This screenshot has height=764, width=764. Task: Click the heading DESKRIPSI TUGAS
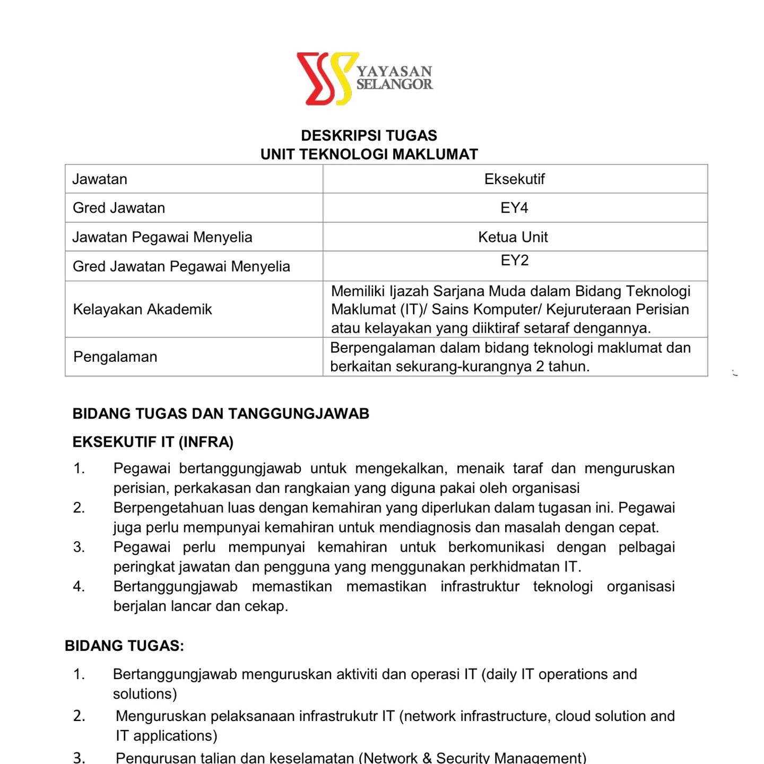click(x=369, y=135)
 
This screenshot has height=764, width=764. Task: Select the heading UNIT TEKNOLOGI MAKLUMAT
click(x=369, y=154)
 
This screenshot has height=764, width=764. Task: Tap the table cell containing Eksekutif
click(x=514, y=179)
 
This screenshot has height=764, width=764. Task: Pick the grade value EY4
click(x=514, y=208)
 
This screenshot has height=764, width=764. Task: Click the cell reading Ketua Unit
click(x=513, y=237)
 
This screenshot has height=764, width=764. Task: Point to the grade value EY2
click(x=514, y=261)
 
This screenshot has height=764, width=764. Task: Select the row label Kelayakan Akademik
click(x=142, y=309)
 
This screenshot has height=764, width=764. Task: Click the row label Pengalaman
click(x=115, y=357)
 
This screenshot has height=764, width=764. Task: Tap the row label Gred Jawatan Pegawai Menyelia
click(x=181, y=266)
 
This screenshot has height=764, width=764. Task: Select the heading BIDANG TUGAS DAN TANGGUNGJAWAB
click(x=221, y=414)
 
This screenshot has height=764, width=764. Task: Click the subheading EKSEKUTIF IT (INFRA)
click(x=153, y=442)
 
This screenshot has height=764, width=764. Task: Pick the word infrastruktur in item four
click(x=480, y=586)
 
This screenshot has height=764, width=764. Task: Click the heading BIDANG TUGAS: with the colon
click(x=124, y=646)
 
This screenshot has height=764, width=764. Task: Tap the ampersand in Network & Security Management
click(x=427, y=758)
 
